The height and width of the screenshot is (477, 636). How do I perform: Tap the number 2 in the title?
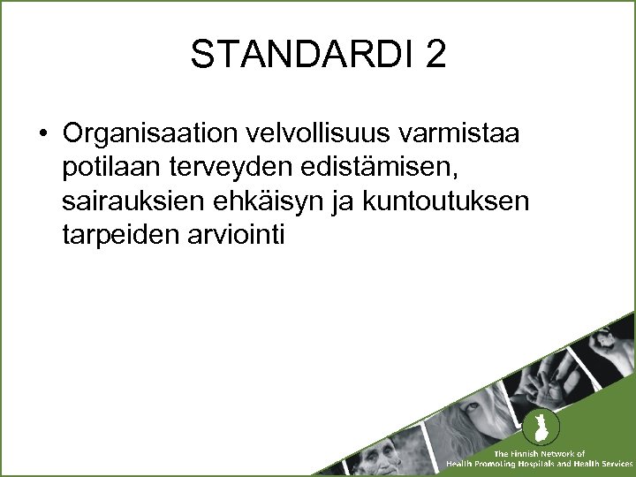[435, 56]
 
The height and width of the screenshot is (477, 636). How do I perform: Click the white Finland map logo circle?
[535, 429]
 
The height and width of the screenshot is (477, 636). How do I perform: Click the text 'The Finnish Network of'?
[539, 454]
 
